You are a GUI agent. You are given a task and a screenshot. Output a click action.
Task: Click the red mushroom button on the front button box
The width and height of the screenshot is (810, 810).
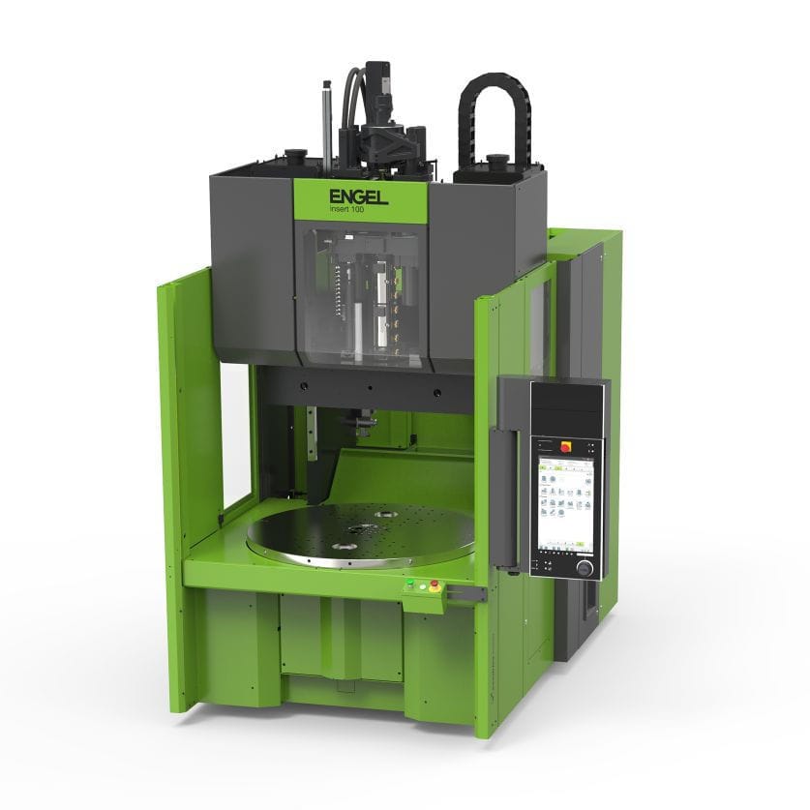(x=434, y=585)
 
